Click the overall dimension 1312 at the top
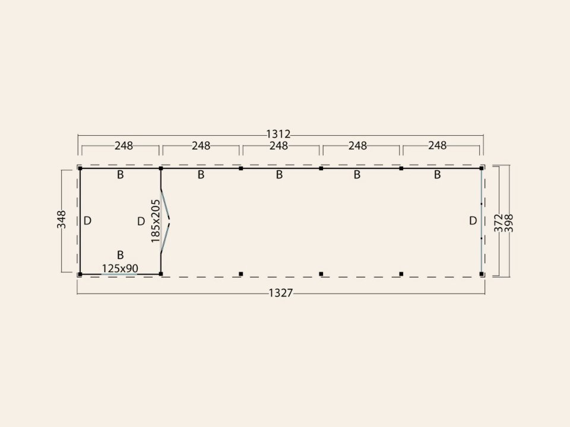tap(278, 135)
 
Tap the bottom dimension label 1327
tap(281, 292)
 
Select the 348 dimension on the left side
tap(61, 219)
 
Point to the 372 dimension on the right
tap(498, 222)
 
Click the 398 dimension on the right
tap(509, 223)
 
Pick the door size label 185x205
tap(155, 221)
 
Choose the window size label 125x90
tap(120, 268)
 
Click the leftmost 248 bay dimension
tap(123, 146)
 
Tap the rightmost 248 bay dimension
tap(438, 146)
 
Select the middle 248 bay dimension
tap(279, 146)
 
